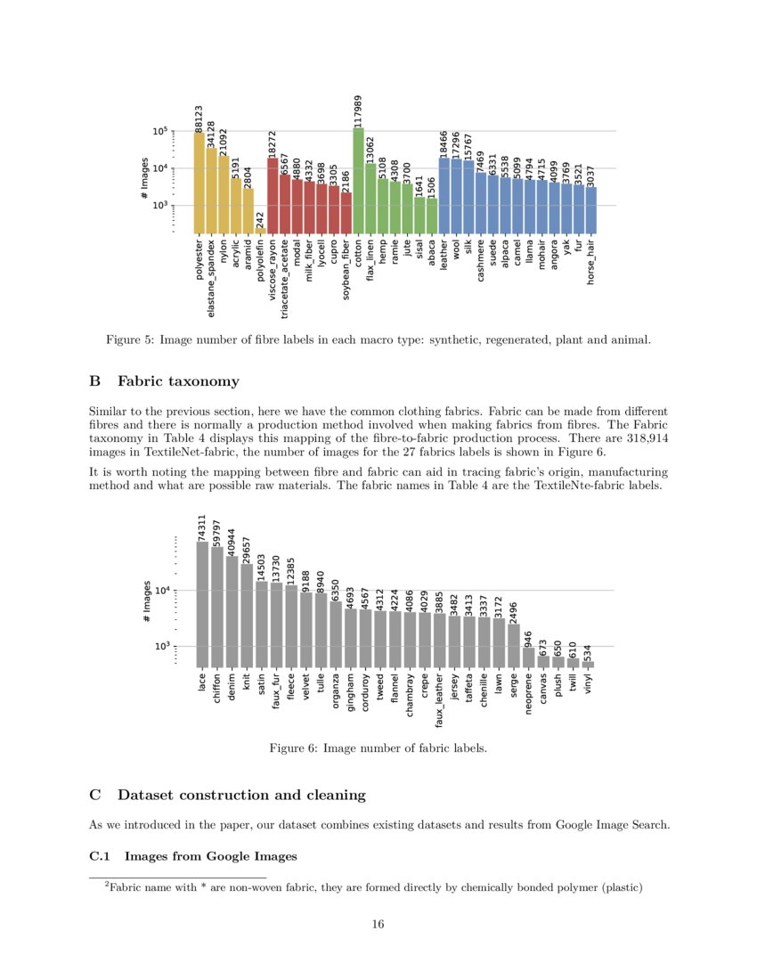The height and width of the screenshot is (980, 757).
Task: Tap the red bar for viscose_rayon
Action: tap(273, 195)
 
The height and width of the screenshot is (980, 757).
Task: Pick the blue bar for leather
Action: tap(444, 195)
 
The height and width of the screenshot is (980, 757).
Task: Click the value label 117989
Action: tap(358, 111)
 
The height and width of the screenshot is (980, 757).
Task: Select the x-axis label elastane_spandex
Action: tap(211, 277)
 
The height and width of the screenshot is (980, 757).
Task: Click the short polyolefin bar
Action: tap(260, 231)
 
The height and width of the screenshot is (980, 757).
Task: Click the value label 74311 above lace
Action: tap(202, 527)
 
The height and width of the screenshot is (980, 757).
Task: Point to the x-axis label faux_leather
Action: tap(440, 707)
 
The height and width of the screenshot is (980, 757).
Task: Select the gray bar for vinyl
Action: tap(588, 664)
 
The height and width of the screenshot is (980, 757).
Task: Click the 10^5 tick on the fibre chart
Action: tap(161, 132)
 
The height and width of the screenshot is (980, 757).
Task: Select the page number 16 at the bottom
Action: tap(378, 924)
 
